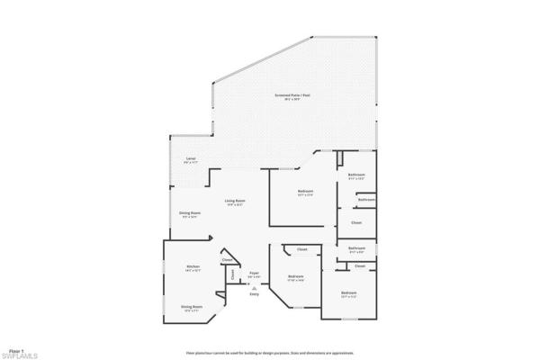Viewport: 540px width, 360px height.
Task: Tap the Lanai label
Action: point(191,157)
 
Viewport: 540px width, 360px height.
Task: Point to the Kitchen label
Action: point(193,266)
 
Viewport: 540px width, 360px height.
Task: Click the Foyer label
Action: point(255,273)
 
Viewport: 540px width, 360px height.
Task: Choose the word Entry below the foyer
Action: point(254,294)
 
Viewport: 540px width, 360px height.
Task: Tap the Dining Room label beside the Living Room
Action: point(190,212)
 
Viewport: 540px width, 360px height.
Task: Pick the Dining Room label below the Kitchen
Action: point(192,306)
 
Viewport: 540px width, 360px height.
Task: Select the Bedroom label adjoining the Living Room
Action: point(305,192)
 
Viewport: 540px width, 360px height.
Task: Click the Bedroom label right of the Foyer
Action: point(295,276)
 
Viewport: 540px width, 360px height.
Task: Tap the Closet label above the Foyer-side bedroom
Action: point(302,248)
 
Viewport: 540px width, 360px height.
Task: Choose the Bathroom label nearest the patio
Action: point(356,175)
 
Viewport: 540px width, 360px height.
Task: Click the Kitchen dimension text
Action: point(193,271)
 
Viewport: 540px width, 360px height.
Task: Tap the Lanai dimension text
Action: point(191,162)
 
